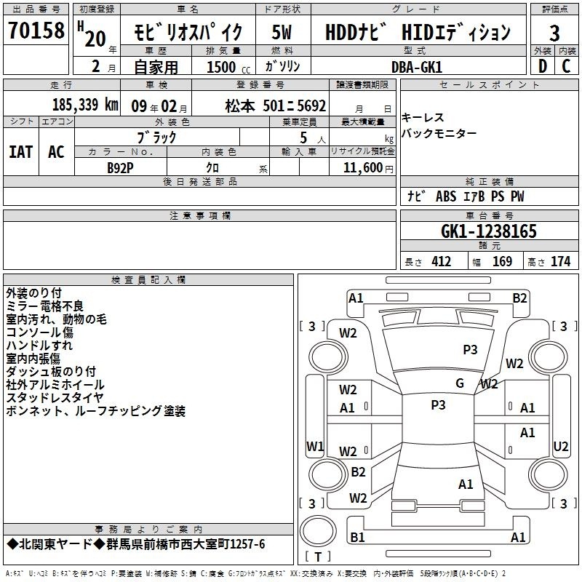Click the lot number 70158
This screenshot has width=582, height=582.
pyautogui.click(x=36, y=31)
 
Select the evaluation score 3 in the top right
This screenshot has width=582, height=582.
pyautogui.click(x=554, y=33)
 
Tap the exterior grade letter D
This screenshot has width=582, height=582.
pyautogui.click(x=543, y=66)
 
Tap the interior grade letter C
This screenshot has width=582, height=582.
pyautogui.click(x=566, y=66)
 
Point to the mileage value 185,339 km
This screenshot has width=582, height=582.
pyautogui.click(x=85, y=105)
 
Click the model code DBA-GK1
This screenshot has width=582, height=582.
pyautogui.click(x=417, y=67)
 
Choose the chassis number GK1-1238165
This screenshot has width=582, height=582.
pyautogui.click(x=489, y=231)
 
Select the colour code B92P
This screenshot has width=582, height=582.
pyautogui.click(x=120, y=168)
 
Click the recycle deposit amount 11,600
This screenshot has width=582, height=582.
pyautogui.click(x=362, y=168)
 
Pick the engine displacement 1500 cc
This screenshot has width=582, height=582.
pyautogui.click(x=228, y=68)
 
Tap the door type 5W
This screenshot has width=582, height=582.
pyautogui.click(x=282, y=32)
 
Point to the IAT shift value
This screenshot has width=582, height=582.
pyautogui.click(x=21, y=152)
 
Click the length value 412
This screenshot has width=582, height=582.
pyautogui.click(x=442, y=262)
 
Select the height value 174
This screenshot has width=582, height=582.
pyautogui.click(x=560, y=262)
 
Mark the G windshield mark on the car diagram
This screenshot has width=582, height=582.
pyautogui.click(x=460, y=383)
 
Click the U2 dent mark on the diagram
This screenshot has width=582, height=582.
pyautogui.click(x=560, y=447)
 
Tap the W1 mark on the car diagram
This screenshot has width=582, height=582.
pyautogui.click(x=315, y=447)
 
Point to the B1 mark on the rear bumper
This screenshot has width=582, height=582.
pyautogui.click(x=357, y=537)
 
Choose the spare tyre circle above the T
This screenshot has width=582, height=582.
pyautogui.click(x=318, y=530)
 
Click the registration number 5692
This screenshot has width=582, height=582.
pyautogui.click(x=311, y=106)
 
